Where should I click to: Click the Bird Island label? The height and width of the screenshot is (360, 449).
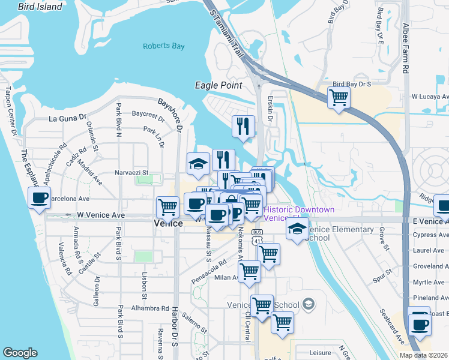point(40,7)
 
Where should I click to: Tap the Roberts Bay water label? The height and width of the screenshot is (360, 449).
point(164,46)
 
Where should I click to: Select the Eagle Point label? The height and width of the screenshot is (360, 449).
point(218,85)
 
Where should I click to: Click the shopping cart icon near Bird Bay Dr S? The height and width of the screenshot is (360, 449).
point(339,97)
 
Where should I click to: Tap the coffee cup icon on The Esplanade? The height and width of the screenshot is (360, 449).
point(40,199)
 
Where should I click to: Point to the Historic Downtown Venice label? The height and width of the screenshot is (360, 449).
point(299,214)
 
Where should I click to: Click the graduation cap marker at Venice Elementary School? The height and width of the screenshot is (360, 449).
point(297,229)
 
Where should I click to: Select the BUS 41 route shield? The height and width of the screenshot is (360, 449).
point(258,237)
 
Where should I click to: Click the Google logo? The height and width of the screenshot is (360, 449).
point(20,353)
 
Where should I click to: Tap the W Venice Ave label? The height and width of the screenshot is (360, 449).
point(101,214)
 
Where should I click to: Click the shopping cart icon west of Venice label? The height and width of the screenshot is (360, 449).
point(167,207)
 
